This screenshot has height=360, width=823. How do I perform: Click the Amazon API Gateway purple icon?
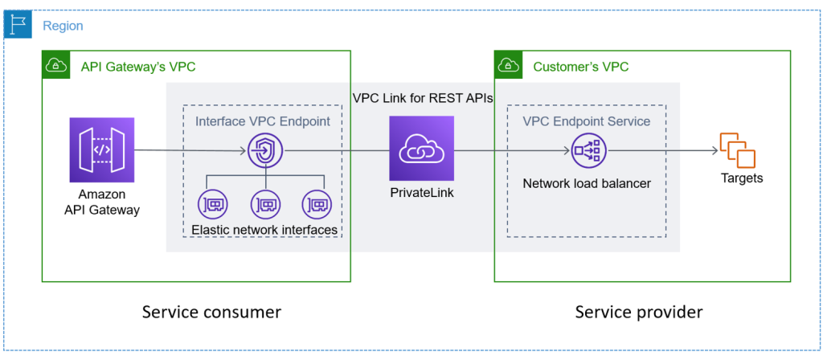pos(102,149)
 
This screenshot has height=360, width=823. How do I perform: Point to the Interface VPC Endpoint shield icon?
pos(265,150)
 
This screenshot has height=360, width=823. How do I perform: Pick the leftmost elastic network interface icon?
pos(212,204)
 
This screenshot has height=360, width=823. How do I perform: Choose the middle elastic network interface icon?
pos(265,204)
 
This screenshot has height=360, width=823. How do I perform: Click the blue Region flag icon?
pos(18,25)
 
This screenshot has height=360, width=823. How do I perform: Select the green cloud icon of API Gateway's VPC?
pos(55,65)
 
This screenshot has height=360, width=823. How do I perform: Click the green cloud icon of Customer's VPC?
pos(507,65)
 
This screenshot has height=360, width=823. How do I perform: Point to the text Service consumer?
pos(211,312)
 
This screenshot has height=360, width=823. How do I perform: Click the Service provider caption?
pos(639,312)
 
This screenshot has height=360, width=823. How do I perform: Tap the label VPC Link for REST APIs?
pos(423,97)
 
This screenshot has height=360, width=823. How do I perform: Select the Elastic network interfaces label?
pos(264,231)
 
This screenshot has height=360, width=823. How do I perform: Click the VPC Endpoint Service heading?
pos(587,121)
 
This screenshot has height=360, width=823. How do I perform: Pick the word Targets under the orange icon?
pos(741,178)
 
